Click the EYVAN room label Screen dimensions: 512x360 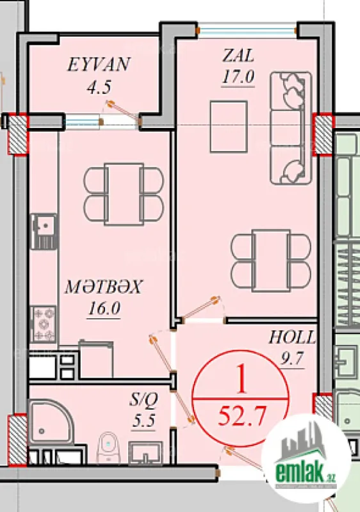[x=99, y=65]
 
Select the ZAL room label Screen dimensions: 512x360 [x=238, y=56]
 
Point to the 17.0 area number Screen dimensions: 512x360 [x=238, y=77]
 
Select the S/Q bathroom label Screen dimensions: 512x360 [x=143, y=401]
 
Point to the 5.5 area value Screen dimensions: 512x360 [x=143, y=421]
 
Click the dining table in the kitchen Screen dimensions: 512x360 [x=123, y=194]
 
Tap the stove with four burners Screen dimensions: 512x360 [x=44, y=324]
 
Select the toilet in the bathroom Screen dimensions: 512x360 [x=110, y=447]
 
